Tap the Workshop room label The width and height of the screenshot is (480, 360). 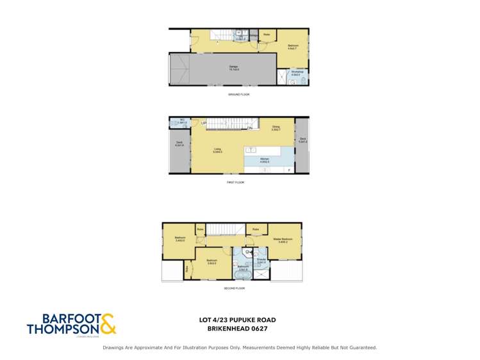(x=295, y=74)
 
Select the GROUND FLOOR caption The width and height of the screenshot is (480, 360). (x=238, y=94)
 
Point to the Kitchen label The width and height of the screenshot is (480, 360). (x=265, y=161)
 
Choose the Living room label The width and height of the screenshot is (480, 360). (x=218, y=151)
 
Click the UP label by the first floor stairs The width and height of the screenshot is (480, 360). (x=203, y=122)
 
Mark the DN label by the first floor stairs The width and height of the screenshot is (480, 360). (x=249, y=128)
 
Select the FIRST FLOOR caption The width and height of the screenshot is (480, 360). (x=235, y=183)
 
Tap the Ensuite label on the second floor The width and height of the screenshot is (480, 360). (x=261, y=261)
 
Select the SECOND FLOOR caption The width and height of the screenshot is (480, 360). (x=235, y=288)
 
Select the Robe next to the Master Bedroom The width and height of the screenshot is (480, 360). (x=255, y=229)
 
